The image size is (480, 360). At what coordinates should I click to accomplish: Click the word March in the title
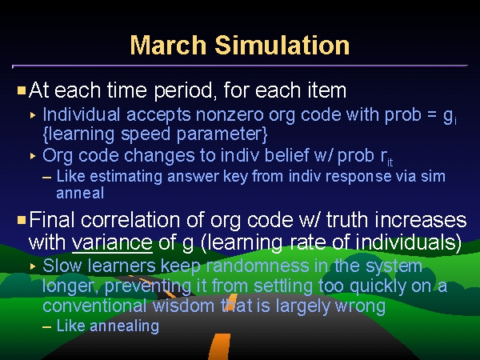click(168, 45)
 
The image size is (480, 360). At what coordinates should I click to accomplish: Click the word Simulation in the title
click(282, 45)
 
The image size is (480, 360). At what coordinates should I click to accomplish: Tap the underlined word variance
click(112, 242)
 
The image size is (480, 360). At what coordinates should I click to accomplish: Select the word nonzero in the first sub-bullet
click(230, 114)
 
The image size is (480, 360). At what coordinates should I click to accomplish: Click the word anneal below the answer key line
click(80, 194)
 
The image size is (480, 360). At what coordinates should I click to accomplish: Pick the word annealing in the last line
click(124, 326)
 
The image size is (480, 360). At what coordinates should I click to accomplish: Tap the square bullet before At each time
click(22, 90)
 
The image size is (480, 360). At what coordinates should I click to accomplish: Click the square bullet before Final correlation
click(22, 220)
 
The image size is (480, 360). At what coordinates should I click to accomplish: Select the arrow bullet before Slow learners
click(33, 266)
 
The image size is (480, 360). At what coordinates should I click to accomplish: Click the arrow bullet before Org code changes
click(33, 157)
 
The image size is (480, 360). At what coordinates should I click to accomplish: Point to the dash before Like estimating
click(47, 178)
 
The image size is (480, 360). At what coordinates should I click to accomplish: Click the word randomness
click(258, 266)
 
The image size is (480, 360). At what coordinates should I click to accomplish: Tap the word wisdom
click(186, 306)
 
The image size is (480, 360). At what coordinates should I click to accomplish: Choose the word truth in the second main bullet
click(346, 220)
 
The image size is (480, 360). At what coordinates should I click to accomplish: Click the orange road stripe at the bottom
click(219, 347)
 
